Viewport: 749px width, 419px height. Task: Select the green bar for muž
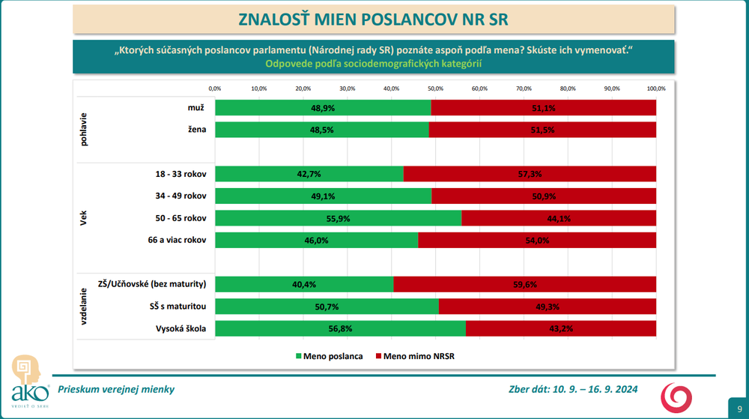click(322, 108)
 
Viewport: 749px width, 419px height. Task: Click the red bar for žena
click(543, 130)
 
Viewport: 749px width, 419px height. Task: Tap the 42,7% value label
click(309, 174)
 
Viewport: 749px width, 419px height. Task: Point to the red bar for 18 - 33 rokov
click(530, 174)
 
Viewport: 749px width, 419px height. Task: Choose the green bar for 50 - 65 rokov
click(337, 218)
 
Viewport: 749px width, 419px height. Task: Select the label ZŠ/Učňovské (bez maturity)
click(152, 284)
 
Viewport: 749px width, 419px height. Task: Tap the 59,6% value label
click(524, 284)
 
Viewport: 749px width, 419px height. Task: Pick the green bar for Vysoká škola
click(339, 328)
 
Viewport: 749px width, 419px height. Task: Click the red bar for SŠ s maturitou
click(547, 307)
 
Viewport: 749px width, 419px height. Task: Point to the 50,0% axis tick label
click(435, 88)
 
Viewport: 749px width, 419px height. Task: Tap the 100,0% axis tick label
click(656, 88)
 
